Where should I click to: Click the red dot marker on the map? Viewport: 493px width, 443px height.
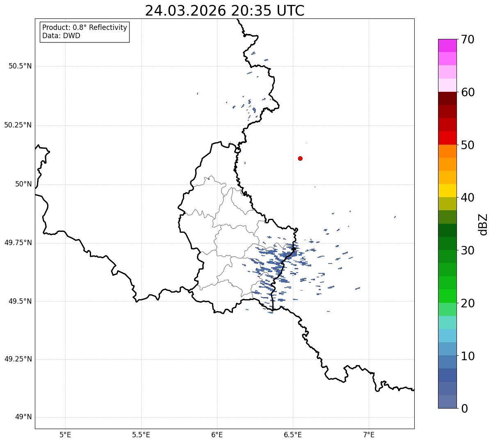(300, 158)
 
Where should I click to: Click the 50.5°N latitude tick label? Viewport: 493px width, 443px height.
(20, 66)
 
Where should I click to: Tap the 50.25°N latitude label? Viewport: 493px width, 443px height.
(18, 125)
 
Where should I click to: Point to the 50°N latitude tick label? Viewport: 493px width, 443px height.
(23, 184)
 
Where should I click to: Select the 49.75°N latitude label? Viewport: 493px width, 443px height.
(18, 243)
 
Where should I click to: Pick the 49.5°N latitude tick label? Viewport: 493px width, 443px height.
(20, 301)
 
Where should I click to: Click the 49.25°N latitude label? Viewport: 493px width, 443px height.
(18, 359)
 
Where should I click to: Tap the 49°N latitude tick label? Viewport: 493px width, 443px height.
(23, 417)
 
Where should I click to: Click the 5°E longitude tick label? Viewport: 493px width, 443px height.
(65, 434)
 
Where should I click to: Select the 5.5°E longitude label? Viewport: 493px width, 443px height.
(141, 434)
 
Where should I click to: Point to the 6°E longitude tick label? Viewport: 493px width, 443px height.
(217, 434)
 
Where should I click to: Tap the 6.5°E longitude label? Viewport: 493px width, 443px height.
(293, 434)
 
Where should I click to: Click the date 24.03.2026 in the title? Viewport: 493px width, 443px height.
(185, 11)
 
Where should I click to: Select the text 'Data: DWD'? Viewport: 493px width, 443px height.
(61, 36)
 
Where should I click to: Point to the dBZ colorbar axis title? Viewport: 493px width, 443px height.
(483, 224)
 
